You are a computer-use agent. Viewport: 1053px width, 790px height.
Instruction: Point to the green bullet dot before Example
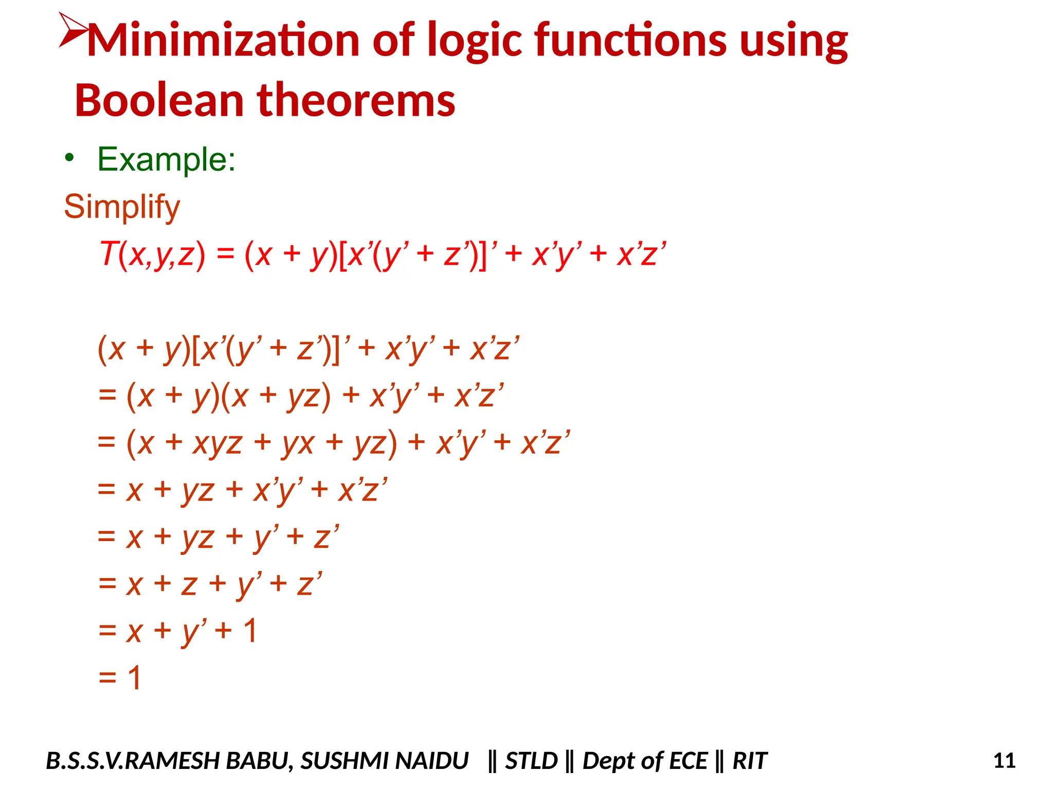pyautogui.click(x=70, y=157)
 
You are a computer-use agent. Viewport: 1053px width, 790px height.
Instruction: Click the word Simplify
pyautogui.click(x=122, y=207)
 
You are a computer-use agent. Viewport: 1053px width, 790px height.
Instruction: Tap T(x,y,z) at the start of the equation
pyautogui.click(x=152, y=254)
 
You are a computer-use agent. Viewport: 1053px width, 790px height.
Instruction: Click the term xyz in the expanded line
pyautogui.click(x=217, y=442)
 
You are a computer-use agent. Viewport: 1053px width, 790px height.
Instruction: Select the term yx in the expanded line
pyautogui.click(x=298, y=442)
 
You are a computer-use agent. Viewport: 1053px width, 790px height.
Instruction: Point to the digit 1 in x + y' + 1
pyautogui.click(x=250, y=631)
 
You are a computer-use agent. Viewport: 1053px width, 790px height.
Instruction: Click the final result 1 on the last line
pyautogui.click(x=134, y=677)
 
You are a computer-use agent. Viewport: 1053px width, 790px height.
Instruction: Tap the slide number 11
pyautogui.click(x=1004, y=760)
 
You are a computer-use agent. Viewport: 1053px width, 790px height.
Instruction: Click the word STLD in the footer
pyautogui.click(x=531, y=761)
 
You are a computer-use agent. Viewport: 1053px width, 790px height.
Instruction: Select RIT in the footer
pyautogui.click(x=749, y=761)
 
